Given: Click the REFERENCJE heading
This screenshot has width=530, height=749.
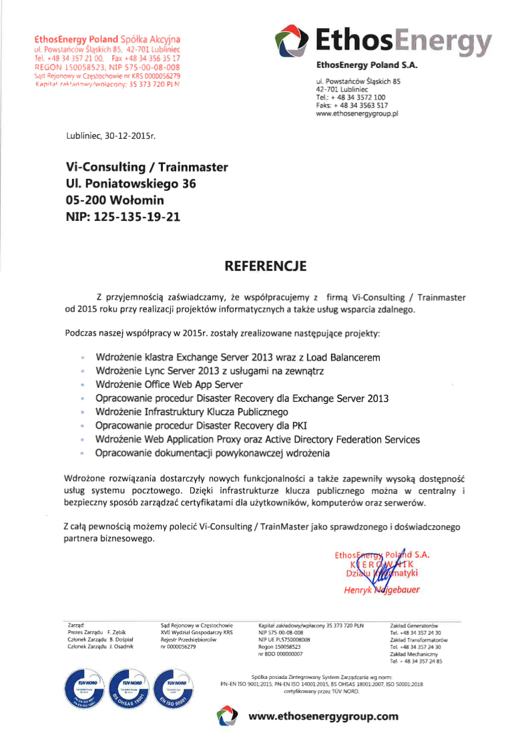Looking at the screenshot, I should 265,266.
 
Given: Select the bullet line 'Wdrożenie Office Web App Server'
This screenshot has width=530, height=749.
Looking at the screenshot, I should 170,385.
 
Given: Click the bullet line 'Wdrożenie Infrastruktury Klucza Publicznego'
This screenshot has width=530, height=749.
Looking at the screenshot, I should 192,412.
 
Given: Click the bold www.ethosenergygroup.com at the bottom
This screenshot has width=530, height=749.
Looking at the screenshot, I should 323,716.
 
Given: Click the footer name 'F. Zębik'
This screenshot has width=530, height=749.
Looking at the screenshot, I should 117,632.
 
